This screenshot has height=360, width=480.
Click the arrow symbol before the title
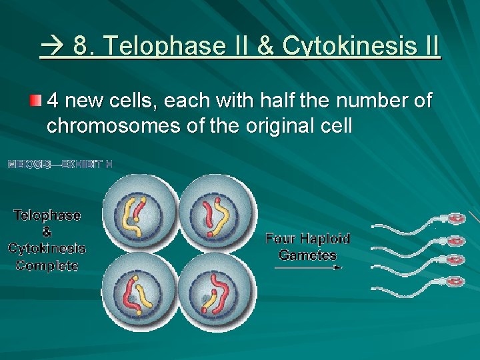click(53, 46)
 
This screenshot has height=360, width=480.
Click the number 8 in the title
click(79, 46)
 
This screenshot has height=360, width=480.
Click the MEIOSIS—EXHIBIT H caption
click(59, 164)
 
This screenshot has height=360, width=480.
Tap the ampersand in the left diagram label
click(47, 232)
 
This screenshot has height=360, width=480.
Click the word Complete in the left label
click(47, 265)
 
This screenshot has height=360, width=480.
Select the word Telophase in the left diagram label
click(47, 215)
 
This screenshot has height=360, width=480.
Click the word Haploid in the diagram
click(325, 239)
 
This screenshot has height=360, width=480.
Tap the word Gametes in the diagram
click(307, 255)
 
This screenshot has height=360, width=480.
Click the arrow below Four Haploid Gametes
click(307, 267)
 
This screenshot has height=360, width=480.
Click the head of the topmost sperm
click(456, 218)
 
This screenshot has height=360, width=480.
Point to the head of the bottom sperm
click(455, 281)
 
